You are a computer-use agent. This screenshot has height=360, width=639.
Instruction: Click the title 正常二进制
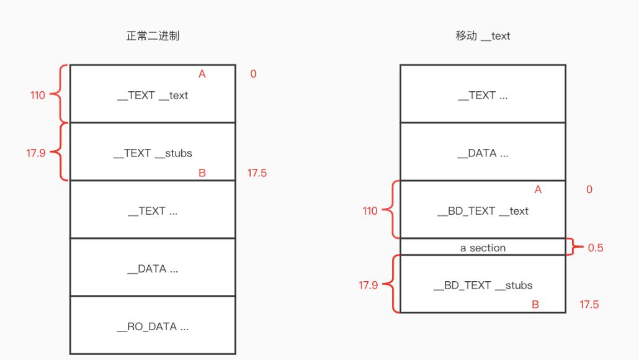(x=153, y=36)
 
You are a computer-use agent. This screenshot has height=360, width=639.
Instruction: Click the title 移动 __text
(x=483, y=36)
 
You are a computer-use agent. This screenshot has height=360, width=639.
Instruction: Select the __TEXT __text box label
(x=153, y=96)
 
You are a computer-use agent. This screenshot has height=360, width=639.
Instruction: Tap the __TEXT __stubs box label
(x=153, y=153)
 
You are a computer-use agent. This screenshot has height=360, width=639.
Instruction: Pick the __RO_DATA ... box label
(x=153, y=326)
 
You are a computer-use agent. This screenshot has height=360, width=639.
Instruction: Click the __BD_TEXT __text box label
(x=483, y=211)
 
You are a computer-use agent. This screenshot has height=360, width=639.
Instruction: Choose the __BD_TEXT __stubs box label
(x=483, y=286)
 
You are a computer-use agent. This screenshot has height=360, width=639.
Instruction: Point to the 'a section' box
(x=483, y=248)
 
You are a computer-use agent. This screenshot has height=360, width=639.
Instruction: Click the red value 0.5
(x=596, y=248)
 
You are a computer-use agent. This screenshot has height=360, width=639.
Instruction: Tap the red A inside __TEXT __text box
(x=202, y=74)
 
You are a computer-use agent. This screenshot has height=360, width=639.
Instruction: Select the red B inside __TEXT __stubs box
(x=202, y=173)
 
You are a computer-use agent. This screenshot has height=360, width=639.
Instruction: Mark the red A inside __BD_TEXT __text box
(x=538, y=190)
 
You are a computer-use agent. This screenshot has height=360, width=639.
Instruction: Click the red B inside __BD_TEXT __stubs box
(x=535, y=305)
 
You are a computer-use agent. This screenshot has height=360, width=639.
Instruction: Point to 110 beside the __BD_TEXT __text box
(x=370, y=211)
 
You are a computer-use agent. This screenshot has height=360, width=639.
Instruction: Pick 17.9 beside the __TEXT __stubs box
(x=35, y=153)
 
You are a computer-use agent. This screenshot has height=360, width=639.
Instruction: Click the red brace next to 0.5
(x=576, y=247)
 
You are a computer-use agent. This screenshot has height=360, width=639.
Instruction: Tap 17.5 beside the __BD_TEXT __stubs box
(x=589, y=305)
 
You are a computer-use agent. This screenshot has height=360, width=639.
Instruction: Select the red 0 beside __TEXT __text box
(x=253, y=74)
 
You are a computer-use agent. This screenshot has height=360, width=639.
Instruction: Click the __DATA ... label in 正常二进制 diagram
(x=153, y=269)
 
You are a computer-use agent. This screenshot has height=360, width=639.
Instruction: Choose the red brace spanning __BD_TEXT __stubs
(x=390, y=284)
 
